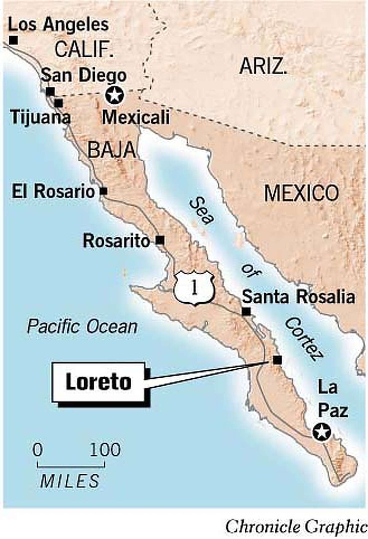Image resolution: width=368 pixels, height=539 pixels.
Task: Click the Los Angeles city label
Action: pos(58,25)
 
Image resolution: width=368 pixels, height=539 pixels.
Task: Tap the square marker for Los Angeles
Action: pos(13,40)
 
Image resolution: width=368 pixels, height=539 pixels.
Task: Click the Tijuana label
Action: pos(40,117)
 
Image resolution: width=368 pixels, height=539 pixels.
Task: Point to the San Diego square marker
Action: pos(50,91)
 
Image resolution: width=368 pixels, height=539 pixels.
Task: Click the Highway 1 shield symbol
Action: pos(194,289)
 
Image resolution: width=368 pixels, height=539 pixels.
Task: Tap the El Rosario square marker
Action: pos(104,191)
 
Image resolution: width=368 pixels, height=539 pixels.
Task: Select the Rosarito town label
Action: pos(116,241)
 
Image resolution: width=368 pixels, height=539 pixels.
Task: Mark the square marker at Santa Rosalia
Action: pos(246,312)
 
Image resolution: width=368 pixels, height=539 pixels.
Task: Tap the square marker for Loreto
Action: pos(277,360)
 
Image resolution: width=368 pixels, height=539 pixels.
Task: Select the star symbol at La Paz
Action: pos(322,432)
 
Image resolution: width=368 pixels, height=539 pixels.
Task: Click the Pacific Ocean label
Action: pos(82,327)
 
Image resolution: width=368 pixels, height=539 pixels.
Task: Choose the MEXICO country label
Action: pos(301,193)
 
